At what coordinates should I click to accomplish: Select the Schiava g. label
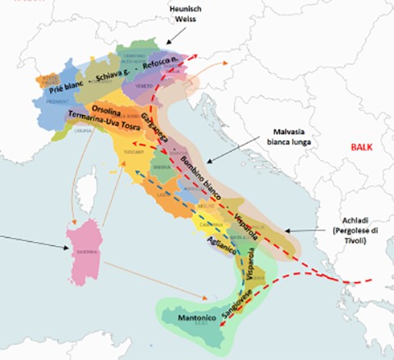tap(116, 75)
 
